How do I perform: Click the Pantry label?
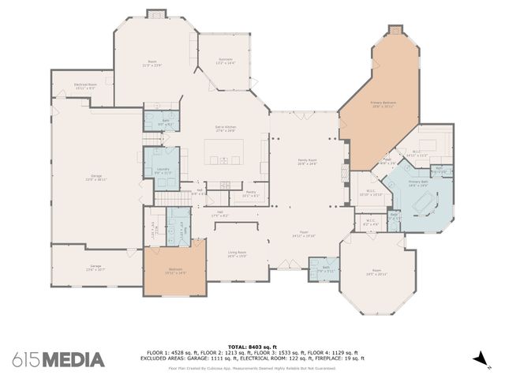[x=250, y=193]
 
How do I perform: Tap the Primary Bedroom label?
[x=383, y=103]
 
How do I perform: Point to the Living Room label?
[x=237, y=253]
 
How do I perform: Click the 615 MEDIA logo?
[x=58, y=360]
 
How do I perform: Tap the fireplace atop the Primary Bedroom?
[x=395, y=31]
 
